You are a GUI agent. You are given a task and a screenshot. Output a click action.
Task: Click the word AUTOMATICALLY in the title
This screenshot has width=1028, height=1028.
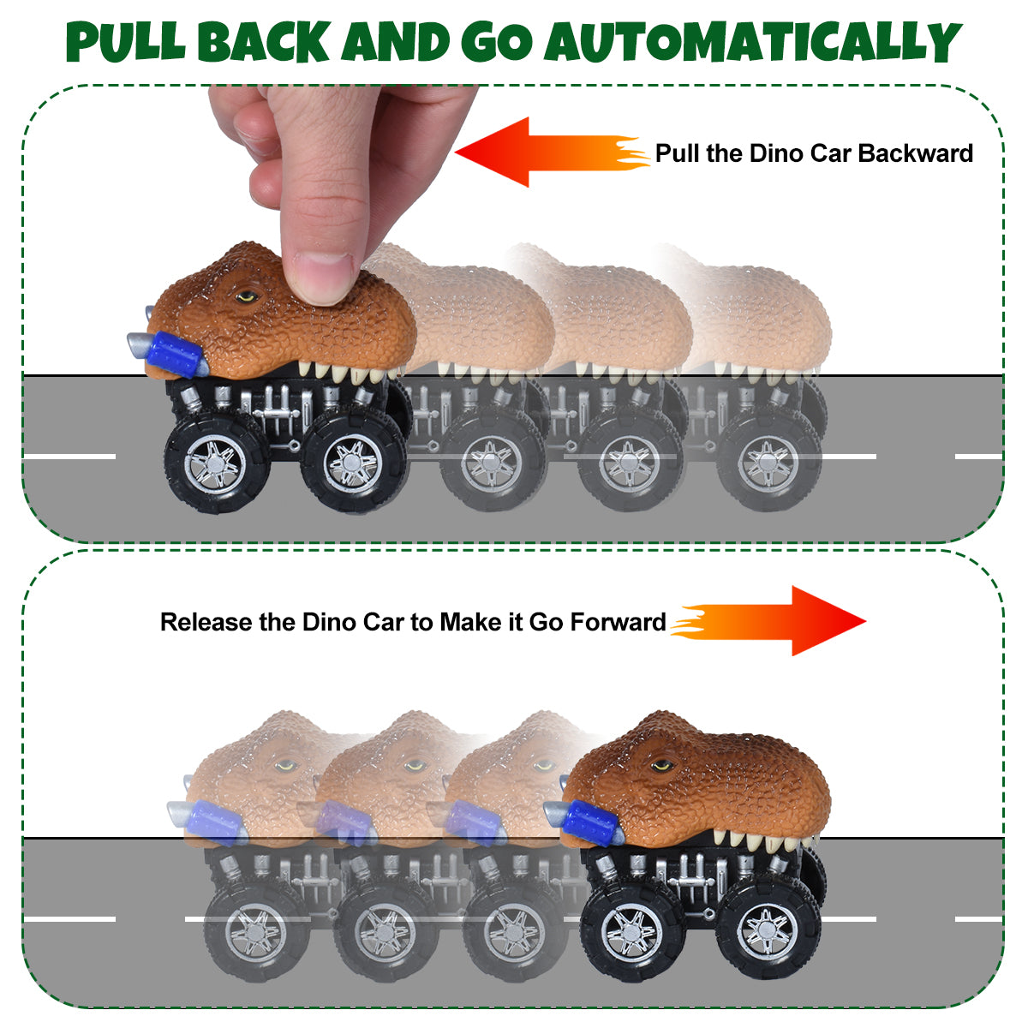coord(753,44)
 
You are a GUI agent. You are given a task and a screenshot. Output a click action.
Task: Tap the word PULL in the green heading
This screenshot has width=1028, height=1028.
coord(125,42)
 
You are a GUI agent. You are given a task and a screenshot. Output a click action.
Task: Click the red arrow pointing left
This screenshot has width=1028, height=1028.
coord(553,152)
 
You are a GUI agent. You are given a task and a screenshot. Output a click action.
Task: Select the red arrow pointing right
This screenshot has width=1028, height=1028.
coord(768,621)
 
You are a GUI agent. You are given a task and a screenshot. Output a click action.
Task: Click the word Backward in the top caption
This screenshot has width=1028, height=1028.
coord(916,153)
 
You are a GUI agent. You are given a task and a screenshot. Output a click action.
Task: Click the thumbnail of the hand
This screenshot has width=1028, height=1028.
coord(323,278)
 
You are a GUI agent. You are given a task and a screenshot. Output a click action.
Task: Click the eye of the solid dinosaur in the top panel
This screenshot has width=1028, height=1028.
coord(247,296)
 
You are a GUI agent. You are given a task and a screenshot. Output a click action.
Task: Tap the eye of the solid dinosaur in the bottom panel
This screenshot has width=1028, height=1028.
coord(662,767)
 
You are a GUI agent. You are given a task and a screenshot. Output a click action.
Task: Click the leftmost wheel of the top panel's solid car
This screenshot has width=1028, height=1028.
coord(215,463)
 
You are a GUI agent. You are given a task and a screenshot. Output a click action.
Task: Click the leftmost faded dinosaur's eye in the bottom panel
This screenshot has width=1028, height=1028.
coord(286,767)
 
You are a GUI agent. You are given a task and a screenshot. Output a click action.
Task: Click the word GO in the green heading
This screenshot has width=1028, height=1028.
coord(497,43)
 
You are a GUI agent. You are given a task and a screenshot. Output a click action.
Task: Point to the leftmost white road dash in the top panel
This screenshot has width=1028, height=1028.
coord(69,457)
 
